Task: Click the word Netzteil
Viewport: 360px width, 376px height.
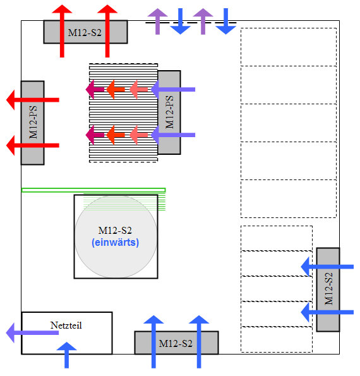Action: pos(66,325)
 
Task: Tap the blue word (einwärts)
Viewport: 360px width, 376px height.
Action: pos(116,243)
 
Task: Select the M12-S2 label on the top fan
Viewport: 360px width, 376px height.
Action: pos(85,33)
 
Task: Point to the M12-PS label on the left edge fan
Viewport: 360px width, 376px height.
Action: pos(33,123)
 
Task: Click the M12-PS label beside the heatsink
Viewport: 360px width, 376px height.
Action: pos(169,112)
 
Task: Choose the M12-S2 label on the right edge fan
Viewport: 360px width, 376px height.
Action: pos(328,289)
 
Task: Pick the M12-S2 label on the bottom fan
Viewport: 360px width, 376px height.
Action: pos(176,344)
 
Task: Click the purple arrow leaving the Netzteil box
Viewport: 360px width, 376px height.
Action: pos(32,332)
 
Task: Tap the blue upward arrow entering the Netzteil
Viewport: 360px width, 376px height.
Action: pos(66,355)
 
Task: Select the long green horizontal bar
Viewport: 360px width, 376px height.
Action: pos(93,190)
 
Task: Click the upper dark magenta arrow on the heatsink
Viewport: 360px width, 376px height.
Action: pos(95,90)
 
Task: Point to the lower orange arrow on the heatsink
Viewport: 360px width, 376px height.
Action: pos(116,135)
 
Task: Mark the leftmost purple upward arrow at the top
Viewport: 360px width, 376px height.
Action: pos(157,21)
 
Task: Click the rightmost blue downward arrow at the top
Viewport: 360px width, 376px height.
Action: pos(225,21)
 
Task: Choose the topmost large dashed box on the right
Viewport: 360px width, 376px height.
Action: pos(289,47)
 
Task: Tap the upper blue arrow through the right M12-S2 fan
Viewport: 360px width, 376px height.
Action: pos(327,267)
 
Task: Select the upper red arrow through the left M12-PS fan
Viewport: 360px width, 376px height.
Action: pos(33,100)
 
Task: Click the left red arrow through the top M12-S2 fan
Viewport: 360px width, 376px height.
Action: pos(62,31)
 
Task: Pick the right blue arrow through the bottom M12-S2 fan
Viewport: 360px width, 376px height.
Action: pos(199,342)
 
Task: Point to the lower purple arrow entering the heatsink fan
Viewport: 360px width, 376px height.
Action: pos(173,135)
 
